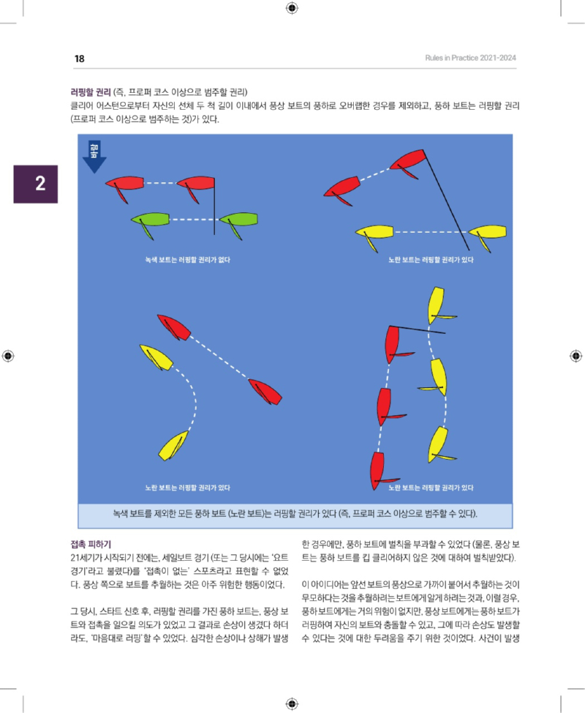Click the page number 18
(x=79, y=59)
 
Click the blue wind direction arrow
(x=94, y=157)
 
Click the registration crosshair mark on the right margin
(x=574, y=356)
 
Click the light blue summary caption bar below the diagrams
(x=295, y=514)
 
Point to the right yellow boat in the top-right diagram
(x=487, y=232)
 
